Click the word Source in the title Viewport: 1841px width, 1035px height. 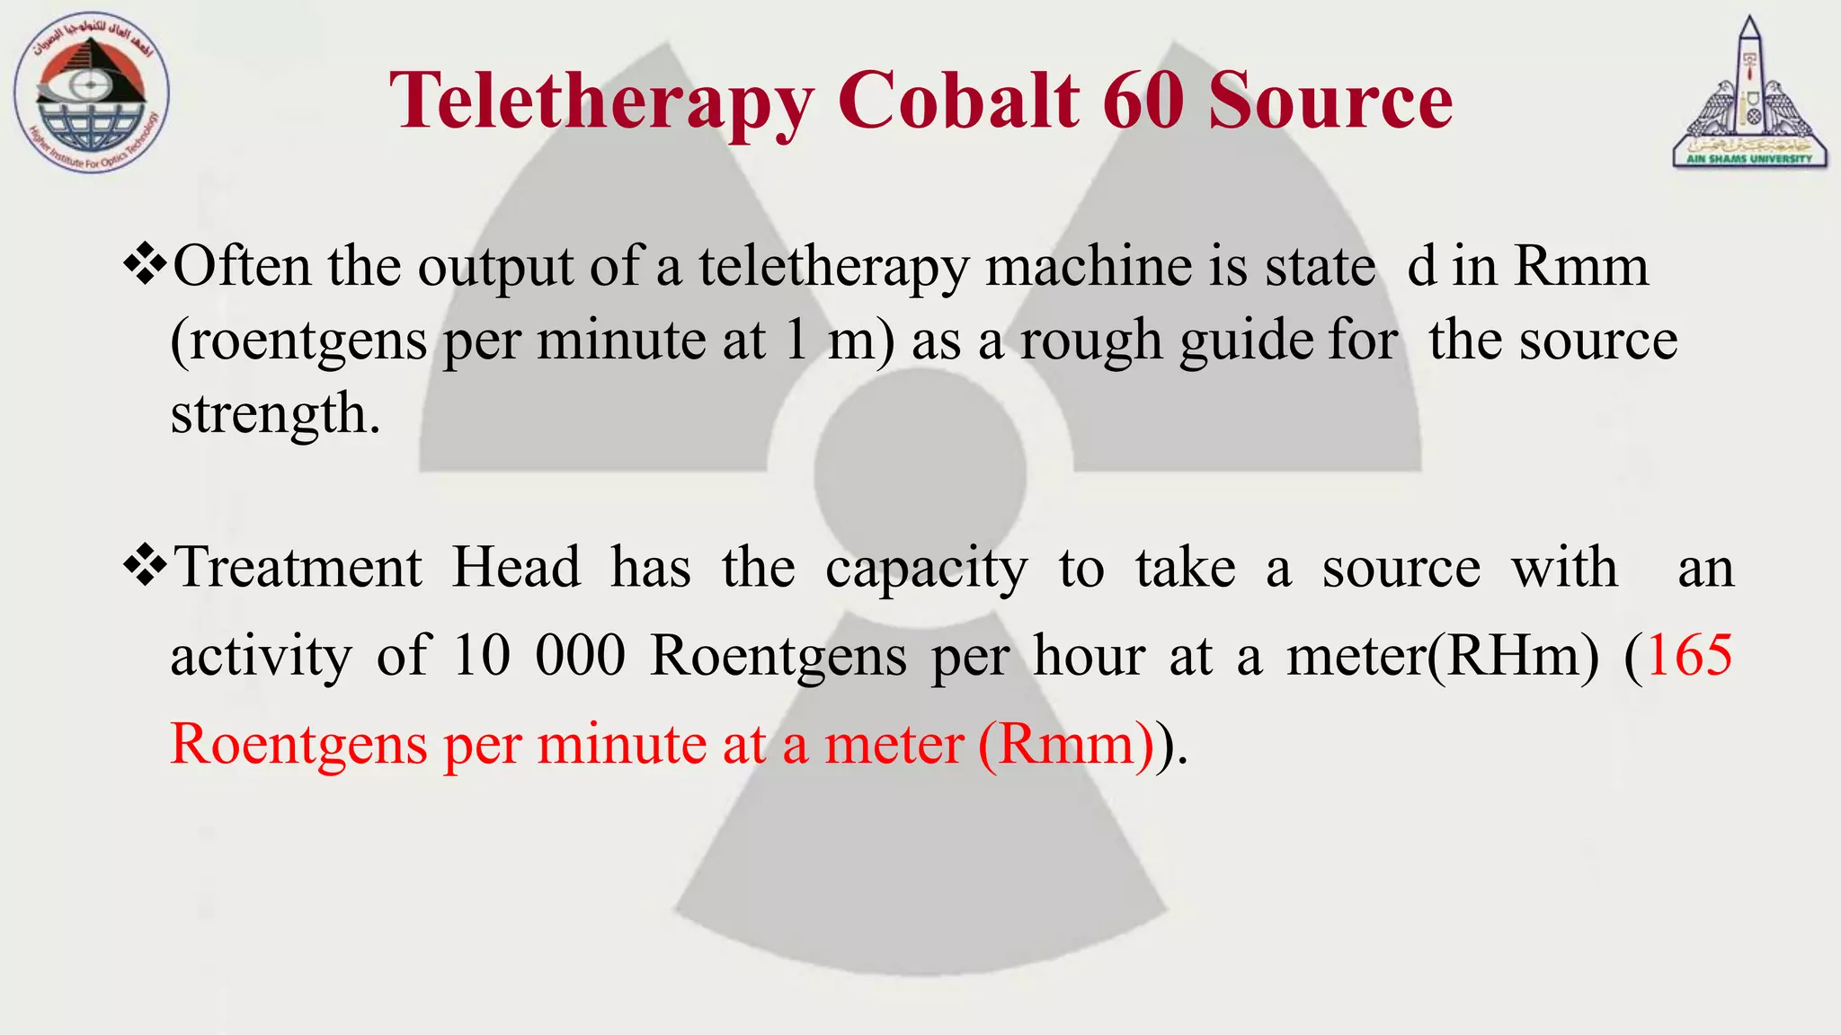1330,101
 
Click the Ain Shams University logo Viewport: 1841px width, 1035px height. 1749,93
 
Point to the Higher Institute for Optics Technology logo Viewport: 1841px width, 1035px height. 92,94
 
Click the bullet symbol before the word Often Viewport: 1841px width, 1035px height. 146,266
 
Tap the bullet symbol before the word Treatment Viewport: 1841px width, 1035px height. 146,567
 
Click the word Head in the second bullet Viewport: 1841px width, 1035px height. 516,568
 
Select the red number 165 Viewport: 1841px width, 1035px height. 1690,655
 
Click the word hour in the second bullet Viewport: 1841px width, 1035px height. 1089,655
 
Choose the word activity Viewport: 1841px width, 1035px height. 261,657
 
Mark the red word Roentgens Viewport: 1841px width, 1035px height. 298,745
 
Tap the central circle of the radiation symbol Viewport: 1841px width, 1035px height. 920,472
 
